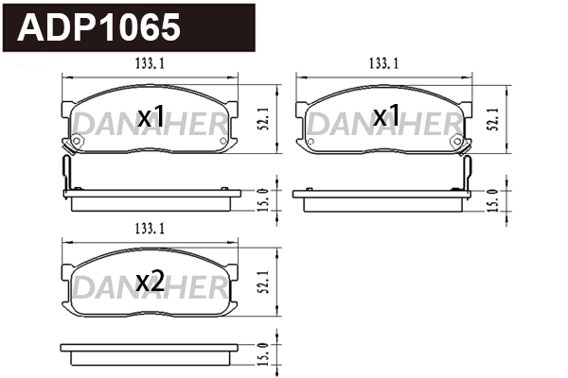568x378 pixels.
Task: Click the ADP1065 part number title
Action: pyautogui.click(x=99, y=28)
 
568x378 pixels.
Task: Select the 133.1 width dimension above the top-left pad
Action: pyautogui.click(x=144, y=63)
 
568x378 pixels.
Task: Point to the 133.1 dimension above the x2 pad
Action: pyautogui.click(x=144, y=228)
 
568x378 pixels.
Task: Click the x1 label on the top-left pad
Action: pyautogui.click(x=151, y=118)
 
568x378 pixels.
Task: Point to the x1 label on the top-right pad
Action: pyautogui.click(x=385, y=118)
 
